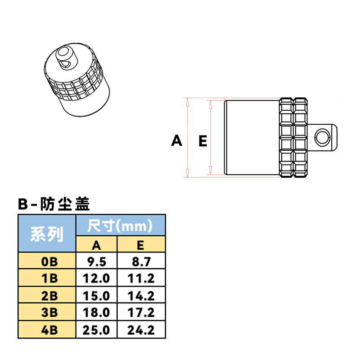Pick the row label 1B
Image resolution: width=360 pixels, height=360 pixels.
coord(47,278)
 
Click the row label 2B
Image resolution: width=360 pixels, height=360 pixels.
coord(47,296)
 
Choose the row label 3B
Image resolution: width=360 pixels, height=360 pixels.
coord(47,313)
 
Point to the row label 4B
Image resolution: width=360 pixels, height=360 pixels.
coord(47,330)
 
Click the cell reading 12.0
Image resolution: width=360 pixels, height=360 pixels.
coord(97,278)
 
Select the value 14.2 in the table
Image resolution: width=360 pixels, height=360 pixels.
coord(141,296)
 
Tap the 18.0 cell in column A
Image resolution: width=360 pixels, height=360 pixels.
coord(97,313)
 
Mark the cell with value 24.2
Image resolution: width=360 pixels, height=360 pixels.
coord(141,330)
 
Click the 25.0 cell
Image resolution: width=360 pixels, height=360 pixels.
coord(97,330)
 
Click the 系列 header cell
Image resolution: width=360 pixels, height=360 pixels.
coord(47,234)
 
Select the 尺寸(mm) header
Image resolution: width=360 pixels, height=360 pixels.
coord(120,225)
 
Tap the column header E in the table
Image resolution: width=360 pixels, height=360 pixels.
coord(141,244)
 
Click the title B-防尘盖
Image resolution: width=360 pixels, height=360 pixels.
coord(54,204)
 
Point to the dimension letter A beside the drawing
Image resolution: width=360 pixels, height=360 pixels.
coord(177,141)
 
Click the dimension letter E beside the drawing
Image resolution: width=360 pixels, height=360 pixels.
coord(202,141)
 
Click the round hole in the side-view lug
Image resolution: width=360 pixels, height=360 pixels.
coord(322,137)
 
